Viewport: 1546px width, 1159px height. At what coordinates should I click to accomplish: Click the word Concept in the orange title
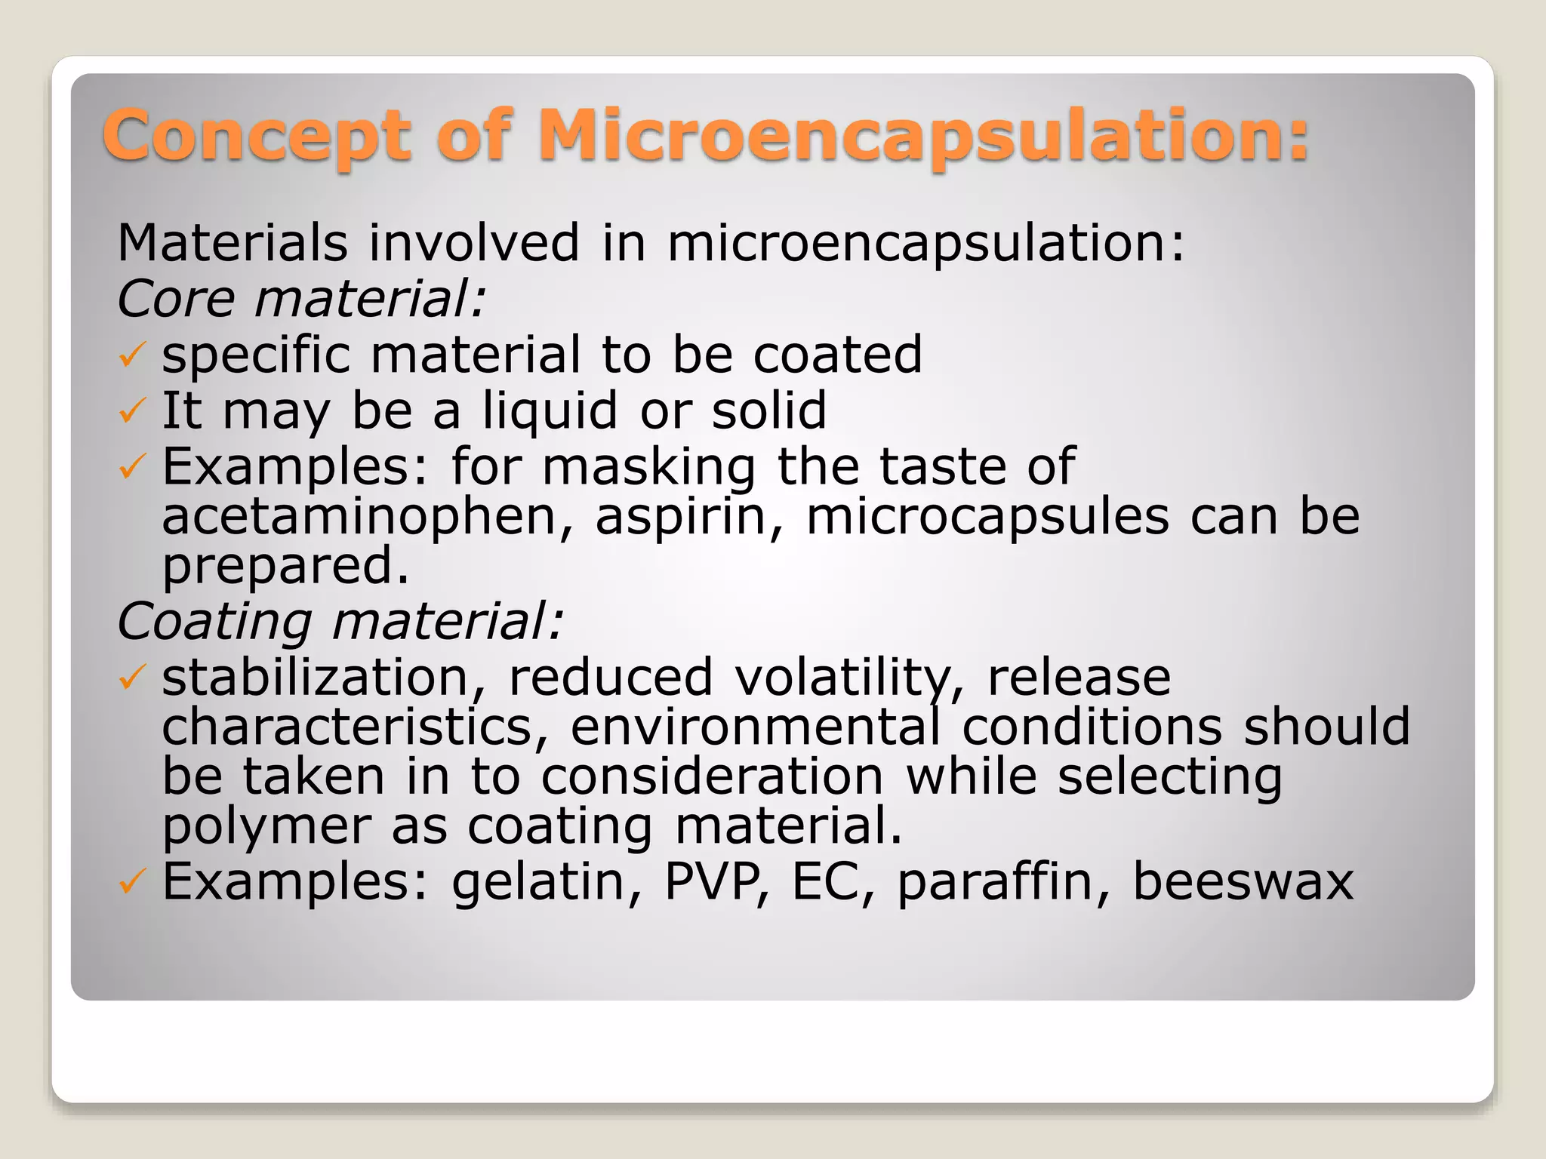click(x=257, y=136)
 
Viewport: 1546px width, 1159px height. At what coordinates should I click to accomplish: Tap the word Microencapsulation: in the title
click(x=922, y=136)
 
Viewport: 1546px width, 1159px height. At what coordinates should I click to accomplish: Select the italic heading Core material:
click(x=301, y=299)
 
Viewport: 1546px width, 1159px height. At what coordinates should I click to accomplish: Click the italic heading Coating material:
click(x=340, y=622)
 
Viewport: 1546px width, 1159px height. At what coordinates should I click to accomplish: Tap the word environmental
click(x=756, y=727)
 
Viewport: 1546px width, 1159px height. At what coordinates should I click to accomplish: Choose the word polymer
click(x=266, y=828)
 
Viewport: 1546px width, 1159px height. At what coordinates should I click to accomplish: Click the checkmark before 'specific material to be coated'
click(x=131, y=354)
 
